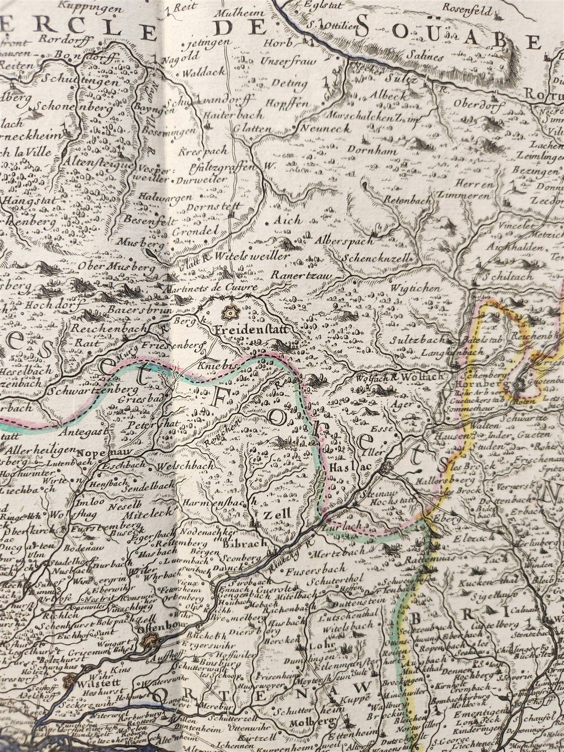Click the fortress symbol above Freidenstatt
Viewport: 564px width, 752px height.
tap(230, 311)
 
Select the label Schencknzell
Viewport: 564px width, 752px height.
tap(377, 258)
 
